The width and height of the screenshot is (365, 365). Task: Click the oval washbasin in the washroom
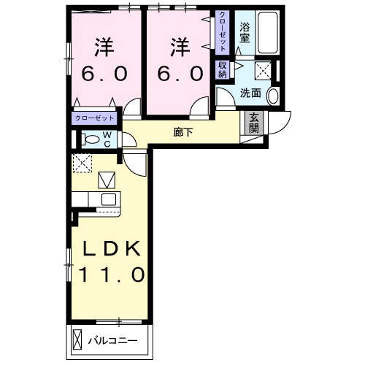click(x=273, y=95)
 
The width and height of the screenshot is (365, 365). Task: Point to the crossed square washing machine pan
click(x=264, y=71)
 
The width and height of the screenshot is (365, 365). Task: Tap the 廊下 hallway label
click(x=182, y=133)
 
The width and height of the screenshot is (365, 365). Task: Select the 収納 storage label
click(x=221, y=69)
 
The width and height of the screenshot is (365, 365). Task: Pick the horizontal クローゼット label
click(x=94, y=118)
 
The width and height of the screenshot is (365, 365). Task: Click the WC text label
click(x=106, y=139)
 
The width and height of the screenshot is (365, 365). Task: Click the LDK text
click(x=111, y=249)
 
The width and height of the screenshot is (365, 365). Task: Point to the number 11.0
click(x=111, y=276)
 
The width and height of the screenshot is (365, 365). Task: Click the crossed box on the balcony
click(x=78, y=339)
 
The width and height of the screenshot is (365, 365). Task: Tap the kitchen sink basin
click(x=108, y=199)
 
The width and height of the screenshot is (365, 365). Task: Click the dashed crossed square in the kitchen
click(x=82, y=164)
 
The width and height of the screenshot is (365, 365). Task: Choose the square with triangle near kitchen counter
click(x=107, y=179)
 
